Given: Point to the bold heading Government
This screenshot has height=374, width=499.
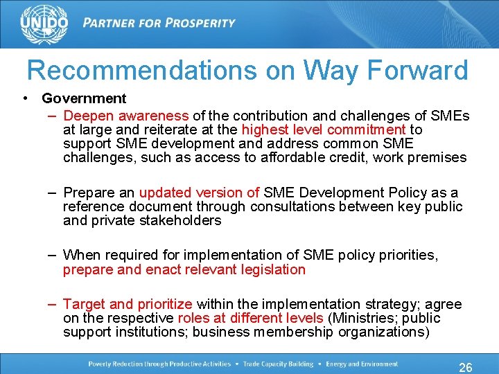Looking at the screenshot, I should click(84, 99).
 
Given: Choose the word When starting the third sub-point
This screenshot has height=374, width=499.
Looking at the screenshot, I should click(81, 256).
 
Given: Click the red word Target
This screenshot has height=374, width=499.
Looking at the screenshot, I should click(84, 304).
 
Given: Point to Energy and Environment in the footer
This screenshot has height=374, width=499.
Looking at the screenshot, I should click(362, 364).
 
